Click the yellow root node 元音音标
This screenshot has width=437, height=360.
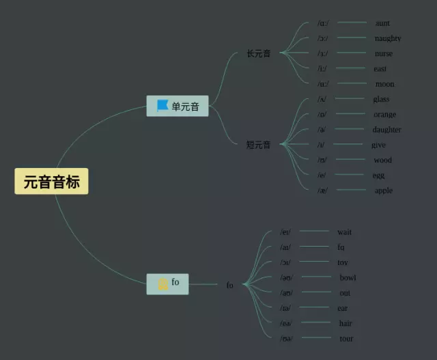click(51, 182)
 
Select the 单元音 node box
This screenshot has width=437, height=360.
click(178, 106)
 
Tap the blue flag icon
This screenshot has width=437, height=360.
click(163, 106)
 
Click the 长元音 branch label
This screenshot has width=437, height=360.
click(259, 53)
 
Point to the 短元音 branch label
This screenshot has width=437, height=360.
click(259, 145)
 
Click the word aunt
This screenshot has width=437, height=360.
click(382, 23)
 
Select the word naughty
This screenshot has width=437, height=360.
click(387, 38)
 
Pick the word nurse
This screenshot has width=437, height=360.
click(383, 53)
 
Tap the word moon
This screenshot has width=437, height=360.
click(384, 84)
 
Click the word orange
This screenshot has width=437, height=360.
click(384, 115)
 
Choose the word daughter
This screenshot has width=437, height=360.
click(386, 130)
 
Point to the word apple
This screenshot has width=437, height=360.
click(383, 191)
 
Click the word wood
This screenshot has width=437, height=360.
click(382, 161)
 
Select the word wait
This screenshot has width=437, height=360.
click(344, 232)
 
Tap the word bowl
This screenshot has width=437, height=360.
click(348, 278)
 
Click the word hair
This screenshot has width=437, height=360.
click(346, 323)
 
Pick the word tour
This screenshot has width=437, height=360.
click(346, 339)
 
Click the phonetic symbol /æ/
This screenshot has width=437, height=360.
click(322, 191)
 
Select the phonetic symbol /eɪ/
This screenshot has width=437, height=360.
click(285, 232)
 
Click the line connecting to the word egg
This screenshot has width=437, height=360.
click(350, 175)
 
